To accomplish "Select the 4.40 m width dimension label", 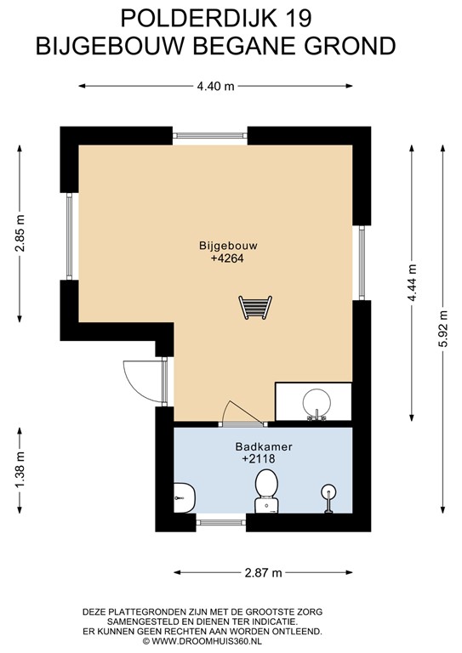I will click(x=215, y=86).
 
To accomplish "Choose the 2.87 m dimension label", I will click(x=263, y=573).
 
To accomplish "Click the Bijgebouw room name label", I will click(x=227, y=245).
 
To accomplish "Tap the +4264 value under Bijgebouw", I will click(x=227, y=258).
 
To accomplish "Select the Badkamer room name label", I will click(x=260, y=446).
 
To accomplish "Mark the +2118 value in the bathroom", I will click(x=260, y=459).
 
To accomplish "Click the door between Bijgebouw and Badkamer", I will click(x=242, y=416).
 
